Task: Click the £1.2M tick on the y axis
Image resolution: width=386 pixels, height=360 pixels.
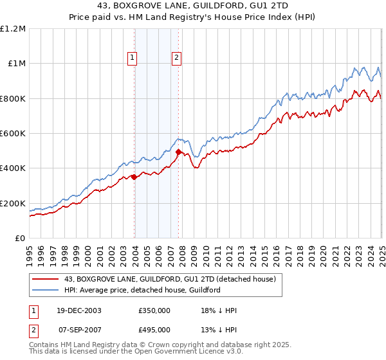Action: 12,28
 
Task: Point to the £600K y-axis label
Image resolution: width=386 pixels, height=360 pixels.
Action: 13,134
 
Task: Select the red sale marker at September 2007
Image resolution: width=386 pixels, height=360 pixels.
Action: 178,152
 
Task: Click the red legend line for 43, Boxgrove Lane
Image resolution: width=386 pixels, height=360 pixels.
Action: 44,279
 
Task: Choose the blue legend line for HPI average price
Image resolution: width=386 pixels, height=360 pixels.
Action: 44,290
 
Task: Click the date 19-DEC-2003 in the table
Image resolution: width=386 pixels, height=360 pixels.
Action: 78,310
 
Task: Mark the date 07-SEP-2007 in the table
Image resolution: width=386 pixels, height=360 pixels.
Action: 78,330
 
